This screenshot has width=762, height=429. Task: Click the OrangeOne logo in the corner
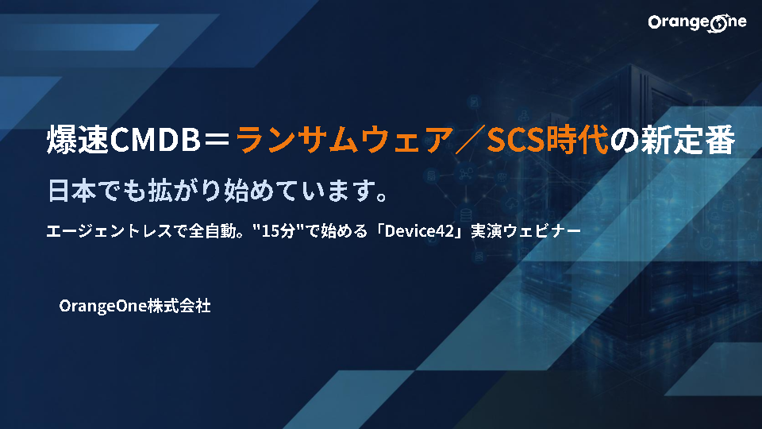(697, 23)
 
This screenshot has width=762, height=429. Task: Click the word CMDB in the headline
(155, 140)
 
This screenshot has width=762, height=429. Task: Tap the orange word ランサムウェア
(344, 140)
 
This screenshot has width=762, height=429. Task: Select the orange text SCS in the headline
(516, 140)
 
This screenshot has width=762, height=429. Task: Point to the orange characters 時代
(577, 140)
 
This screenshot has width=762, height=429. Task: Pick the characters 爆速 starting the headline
(78, 140)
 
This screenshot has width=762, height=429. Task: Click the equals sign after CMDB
(217, 140)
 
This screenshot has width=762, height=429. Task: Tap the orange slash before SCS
(469, 140)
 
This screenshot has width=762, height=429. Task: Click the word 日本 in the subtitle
(71, 191)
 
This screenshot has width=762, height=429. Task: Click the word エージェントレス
(110, 231)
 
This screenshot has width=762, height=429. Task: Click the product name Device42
(419, 230)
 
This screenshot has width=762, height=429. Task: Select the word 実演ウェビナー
(525, 231)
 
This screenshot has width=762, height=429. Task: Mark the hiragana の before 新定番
(625, 141)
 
